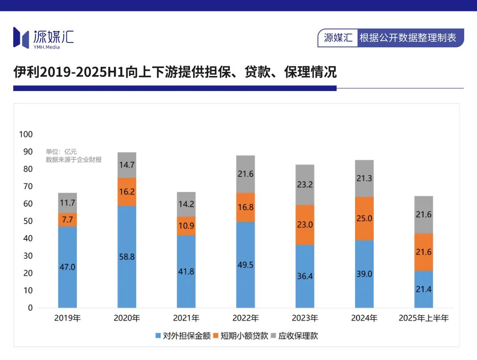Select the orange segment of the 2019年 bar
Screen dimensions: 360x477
68,220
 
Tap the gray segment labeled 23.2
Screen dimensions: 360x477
305,185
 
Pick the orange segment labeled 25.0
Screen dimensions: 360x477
364,218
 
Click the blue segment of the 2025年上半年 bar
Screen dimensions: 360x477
423,289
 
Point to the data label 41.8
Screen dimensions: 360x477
186,272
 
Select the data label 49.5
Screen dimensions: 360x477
246,265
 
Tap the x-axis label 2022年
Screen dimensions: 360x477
246,318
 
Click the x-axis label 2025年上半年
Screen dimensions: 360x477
423,318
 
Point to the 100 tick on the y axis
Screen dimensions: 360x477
26,134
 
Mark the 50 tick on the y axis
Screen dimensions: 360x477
28,221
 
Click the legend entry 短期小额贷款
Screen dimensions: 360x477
241,336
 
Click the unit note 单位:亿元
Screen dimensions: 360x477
61,152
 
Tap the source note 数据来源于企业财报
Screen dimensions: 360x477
74,160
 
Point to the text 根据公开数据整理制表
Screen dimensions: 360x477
408,38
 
